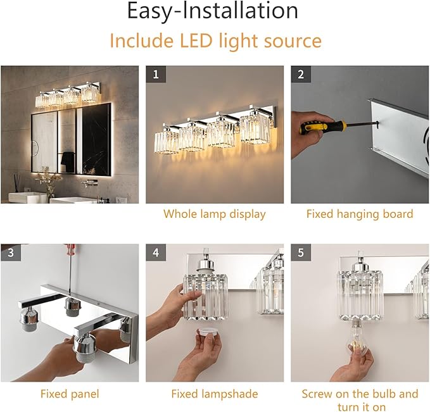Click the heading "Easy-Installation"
(x=212, y=12)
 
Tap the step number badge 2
(x=300, y=74)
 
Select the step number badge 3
(x=9, y=253)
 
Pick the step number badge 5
(x=300, y=253)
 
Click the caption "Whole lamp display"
(x=214, y=214)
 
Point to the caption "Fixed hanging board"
(x=359, y=214)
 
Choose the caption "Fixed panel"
(x=70, y=394)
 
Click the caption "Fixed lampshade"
(x=214, y=394)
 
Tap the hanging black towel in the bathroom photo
(x=67, y=161)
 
